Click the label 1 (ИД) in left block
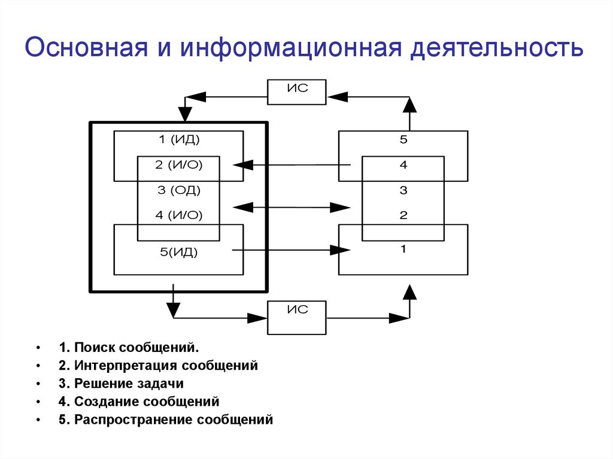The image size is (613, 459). (x=178, y=140)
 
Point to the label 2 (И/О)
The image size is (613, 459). (x=178, y=165)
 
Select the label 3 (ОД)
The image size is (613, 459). (x=178, y=190)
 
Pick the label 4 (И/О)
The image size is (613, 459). (x=178, y=215)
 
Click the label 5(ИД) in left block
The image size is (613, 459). (x=178, y=252)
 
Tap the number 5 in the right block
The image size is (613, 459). (x=403, y=140)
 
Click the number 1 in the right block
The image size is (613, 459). (x=403, y=249)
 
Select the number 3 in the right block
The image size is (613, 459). (x=403, y=190)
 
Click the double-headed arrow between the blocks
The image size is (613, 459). (x=291, y=208)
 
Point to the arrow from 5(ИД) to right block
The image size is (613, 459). (x=291, y=250)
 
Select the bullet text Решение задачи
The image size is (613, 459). (x=129, y=384)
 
